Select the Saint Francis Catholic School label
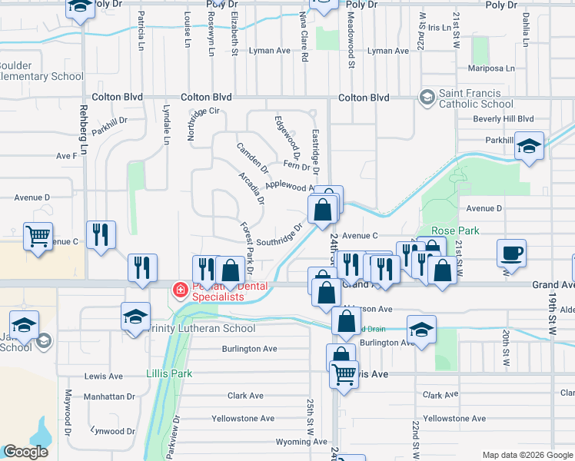coord(475,98)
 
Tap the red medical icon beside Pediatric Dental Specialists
coord(180,290)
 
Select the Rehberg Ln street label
coord(84,124)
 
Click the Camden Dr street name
coord(252,158)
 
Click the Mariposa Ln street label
coord(487,68)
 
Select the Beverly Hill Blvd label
coord(503,119)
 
